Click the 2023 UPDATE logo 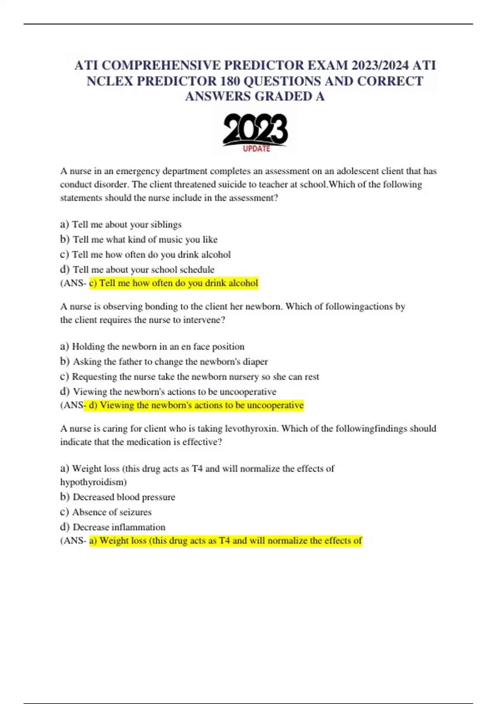(255, 133)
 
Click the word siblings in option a (166, 224)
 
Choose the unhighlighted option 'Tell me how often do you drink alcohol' (151, 254)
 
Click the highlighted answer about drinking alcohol (174, 283)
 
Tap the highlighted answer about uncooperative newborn (194, 405)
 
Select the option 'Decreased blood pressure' (124, 497)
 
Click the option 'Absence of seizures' (111, 512)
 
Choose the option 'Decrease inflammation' (119, 527)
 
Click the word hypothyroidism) (93, 482)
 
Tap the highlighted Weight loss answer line (225, 541)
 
